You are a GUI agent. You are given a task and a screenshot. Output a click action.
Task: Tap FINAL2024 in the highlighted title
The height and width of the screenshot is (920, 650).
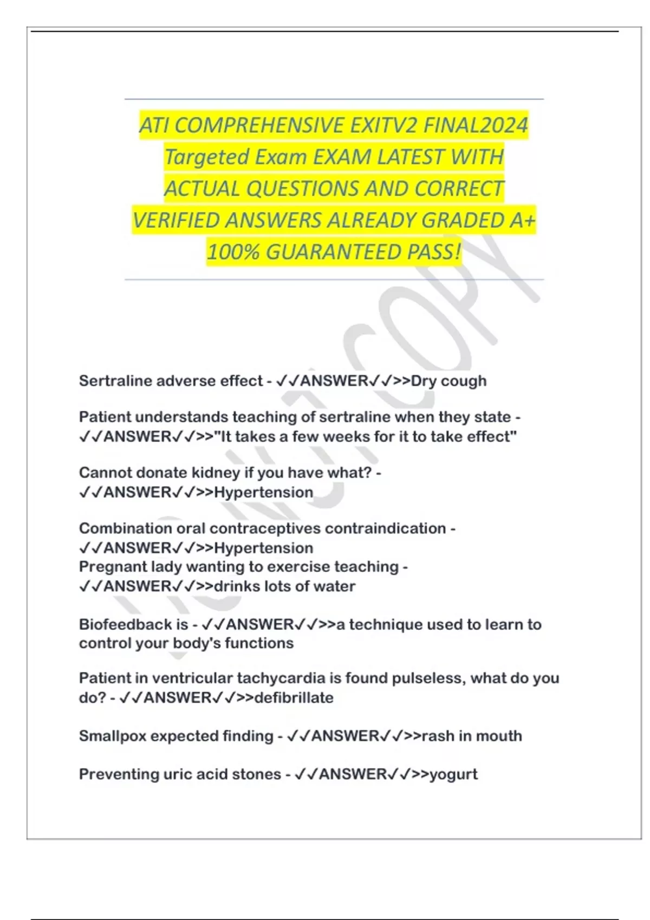click(475, 126)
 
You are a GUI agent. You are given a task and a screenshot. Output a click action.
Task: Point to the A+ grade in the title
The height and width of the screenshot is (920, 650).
click(522, 220)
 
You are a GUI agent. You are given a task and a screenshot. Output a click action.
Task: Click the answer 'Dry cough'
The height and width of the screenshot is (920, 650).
click(448, 381)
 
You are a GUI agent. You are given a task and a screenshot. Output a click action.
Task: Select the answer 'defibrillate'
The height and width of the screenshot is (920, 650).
click(294, 698)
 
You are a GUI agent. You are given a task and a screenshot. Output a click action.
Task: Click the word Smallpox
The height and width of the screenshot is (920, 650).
click(113, 736)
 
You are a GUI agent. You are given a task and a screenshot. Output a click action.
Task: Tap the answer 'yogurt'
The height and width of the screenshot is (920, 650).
click(453, 774)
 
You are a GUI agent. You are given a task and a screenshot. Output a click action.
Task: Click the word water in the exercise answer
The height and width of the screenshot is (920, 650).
click(336, 586)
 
